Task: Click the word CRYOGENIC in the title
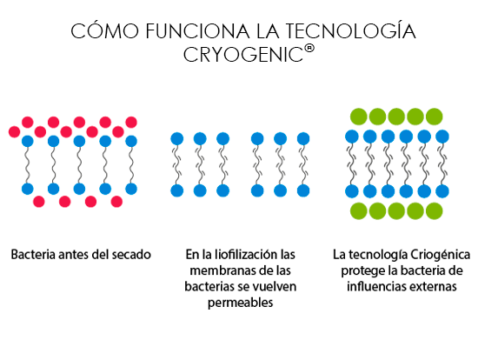coord(243,55)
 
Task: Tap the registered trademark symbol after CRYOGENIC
coord(309,49)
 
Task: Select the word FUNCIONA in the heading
coord(197,31)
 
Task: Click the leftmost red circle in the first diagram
coord(14,132)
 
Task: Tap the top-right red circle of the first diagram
coord(131,123)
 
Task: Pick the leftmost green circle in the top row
coord(358,117)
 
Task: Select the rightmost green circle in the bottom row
coord(434,210)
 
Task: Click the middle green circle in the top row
coord(396,117)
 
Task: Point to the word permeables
coord(240,303)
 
